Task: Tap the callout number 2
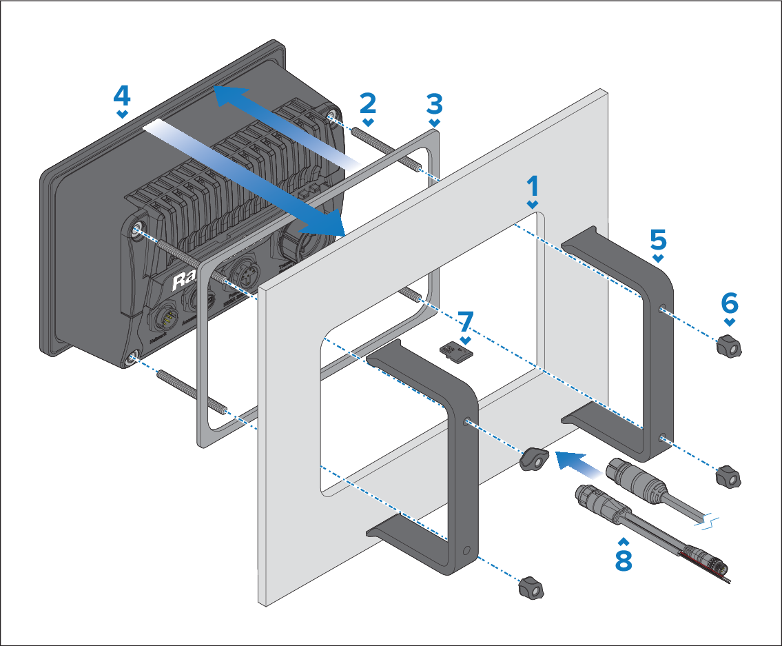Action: pyautogui.click(x=368, y=103)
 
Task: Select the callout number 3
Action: pyautogui.click(x=434, y=105)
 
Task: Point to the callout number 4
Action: pyautogui.click(x=121, y=94)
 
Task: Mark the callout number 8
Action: pyautogui.click(x=623, y=560)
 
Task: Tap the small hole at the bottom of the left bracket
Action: pyautogui.click(x=469, y=552)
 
